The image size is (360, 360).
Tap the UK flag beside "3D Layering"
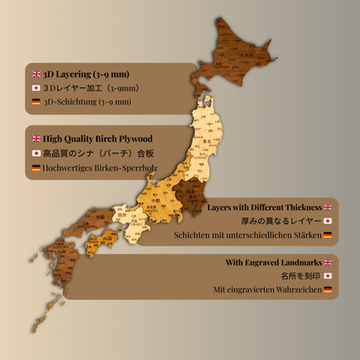[x=35, y=74]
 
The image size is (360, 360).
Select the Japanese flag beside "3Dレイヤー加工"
[x=35, y=87]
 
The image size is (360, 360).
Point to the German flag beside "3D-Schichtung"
[x=35, y=101]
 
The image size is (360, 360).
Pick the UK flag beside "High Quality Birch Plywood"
[x=35, y=138]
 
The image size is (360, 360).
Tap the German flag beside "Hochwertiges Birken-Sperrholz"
[x=35, y=166]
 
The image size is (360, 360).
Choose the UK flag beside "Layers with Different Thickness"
[x=328, y=208]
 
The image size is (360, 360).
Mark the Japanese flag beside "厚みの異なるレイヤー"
[x=328, y=222]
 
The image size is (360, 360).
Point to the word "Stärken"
[x=305, y=235]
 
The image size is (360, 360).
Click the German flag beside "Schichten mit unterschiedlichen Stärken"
[x=328, y=235]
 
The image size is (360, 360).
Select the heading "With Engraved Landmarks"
[x=272, y=261]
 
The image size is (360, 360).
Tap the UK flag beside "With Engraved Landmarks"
[x=328, y=261]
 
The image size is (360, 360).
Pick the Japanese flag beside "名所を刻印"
[x=328, y=275]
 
